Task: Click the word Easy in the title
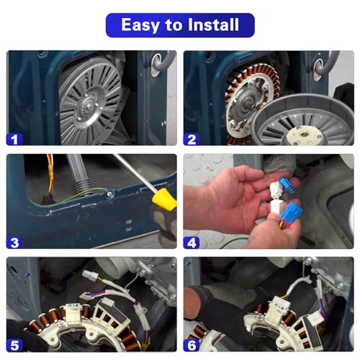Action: pyautogui.click(x=140, y=25)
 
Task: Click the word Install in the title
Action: pyautogui.click(x=213, y=24)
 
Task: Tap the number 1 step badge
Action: pyautogui.click(x=14, y=140)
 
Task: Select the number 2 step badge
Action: pyautogui.click(x=192, y=140)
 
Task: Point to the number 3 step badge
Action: pyautogui.click(x=14, y=243)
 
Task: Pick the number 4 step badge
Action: pyautogui.click(x=192, y=243)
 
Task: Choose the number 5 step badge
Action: pyautogui.click(x=14, y=346)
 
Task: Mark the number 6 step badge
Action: pyautogui.click(x=192, y=346)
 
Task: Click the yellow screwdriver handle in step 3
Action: pyautogui.click(x=166, y=199)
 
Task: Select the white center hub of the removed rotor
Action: pyautogui.click(x=304, y=135)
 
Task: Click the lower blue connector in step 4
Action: pyautogui.click(x=291, y=212)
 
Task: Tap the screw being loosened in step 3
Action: pyautogui.click(x=109, y=194)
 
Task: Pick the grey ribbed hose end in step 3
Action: pyautogui.click(x=84, y=186)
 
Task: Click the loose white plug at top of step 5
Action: pyautogui.click(x=90, y=275)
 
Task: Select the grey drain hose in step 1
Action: pyautogui.click(x=162, y=63)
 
